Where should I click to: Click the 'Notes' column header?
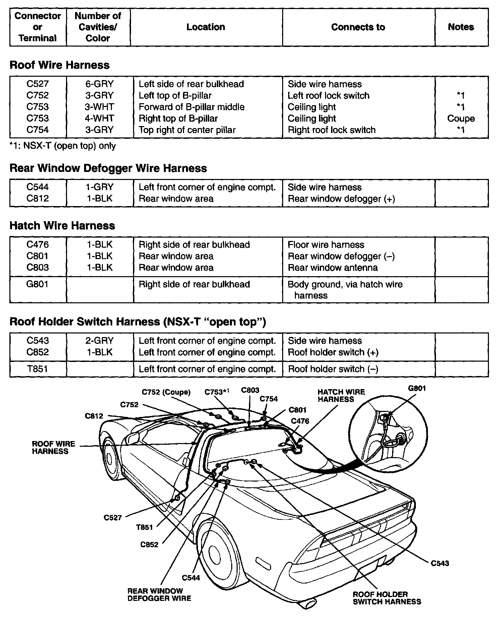click(461, 27)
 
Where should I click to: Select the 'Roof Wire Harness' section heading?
click(59, 65)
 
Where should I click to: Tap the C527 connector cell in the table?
click(38, 84)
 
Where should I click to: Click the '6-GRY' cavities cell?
click(99, 84)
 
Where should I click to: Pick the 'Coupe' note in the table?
click(461, 119)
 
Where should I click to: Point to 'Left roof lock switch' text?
click(328, 96)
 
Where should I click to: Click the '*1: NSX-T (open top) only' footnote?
click(63, 146)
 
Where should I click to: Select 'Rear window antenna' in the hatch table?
click(332, 268)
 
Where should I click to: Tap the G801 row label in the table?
click(38, 285)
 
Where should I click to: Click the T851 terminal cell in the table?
click(38, 369)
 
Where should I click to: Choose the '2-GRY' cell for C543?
click(99, 341)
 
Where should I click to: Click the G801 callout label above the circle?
click(417, 388)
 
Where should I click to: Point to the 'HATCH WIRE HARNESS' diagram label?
click(341, 395)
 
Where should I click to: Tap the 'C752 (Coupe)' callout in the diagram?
click(166, 392)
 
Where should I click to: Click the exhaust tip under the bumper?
click(308, 605)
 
